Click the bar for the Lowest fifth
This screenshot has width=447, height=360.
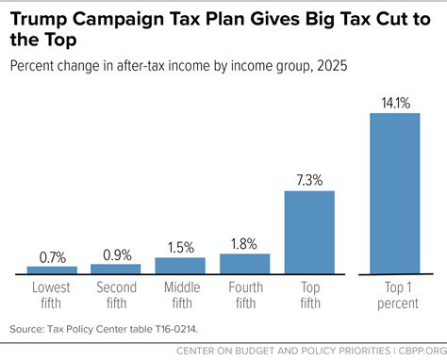click(52, 270)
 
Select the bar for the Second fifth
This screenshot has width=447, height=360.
click(116, 269)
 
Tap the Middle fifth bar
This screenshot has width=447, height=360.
click(180, 266)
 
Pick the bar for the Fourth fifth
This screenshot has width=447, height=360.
click(244, 263)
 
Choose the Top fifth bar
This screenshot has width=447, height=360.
click(309, 232)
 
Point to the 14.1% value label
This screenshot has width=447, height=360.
click(395, 104)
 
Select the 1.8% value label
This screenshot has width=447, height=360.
click(244, 244)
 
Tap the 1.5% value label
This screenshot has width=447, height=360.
click(180, 249)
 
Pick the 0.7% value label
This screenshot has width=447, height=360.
click(52, 257)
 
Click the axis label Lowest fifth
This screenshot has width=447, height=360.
click(52, 292)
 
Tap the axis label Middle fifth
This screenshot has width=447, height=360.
click(180, 292)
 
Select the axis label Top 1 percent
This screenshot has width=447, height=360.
click(395, 292)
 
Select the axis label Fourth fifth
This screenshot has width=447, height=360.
click(244, 292)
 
